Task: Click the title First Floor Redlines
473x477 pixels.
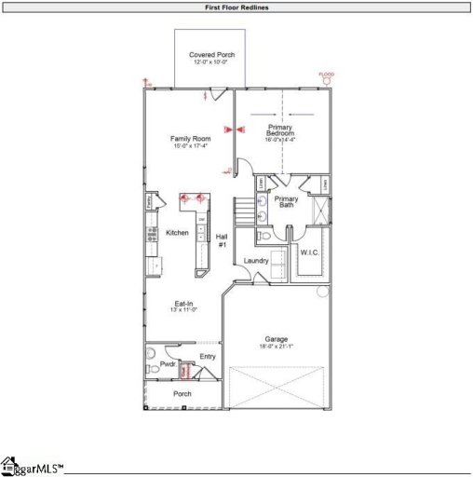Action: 236,7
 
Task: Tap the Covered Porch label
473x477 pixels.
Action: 212,55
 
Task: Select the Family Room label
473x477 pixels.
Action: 189,139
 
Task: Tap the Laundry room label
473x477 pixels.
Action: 256,261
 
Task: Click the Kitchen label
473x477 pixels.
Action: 177,233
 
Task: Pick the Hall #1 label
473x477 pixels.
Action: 222,240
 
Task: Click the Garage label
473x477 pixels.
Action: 277,339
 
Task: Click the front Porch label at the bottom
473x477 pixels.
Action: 182,394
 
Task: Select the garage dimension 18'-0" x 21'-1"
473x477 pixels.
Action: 277,347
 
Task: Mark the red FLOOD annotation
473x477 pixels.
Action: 326,75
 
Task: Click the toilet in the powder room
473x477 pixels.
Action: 155,369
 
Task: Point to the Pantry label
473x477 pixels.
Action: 148,199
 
